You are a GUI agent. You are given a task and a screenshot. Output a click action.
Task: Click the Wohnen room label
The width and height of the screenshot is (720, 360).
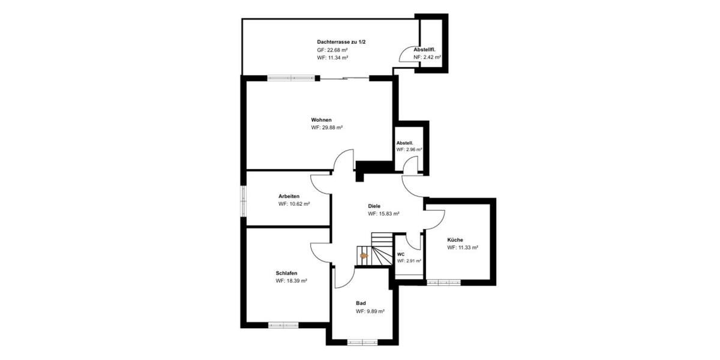(x=321, y=120)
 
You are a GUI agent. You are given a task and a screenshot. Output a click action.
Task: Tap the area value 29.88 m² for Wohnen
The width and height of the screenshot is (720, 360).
(x=326, y=128)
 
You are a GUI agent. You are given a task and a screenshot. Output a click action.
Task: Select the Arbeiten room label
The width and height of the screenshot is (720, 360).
(x=289, y=196)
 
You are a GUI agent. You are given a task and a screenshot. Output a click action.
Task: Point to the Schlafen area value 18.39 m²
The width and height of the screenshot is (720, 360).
(x=292, y=281)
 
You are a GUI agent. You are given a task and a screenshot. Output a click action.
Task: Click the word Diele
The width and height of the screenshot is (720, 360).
(x=374, y=206)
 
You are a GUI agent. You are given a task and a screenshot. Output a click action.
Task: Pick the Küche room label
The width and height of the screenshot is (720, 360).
(x=455, y=239)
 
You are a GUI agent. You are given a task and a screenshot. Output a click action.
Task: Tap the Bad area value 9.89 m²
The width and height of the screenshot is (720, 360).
(x=370, y=311)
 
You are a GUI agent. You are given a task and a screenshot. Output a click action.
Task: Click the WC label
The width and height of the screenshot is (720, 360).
(x=401, y=254)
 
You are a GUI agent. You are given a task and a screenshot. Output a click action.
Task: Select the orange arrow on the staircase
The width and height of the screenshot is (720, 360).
(x=364, y=256)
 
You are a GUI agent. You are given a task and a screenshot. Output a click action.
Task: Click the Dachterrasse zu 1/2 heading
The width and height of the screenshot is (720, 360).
(x=341, y=42)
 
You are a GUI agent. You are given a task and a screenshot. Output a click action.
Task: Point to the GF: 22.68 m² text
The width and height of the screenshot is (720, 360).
(x=333, y=50)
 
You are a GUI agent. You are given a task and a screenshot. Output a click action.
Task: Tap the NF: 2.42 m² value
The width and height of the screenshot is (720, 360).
(x=427, y=57)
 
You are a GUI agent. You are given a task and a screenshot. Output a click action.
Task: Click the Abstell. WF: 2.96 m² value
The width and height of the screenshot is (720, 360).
(x=409, y=149)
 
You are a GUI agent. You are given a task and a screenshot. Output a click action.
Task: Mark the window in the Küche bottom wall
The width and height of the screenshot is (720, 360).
(x=443, y=282)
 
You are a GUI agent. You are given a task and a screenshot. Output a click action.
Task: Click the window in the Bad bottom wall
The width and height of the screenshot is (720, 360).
(x=362, y=343)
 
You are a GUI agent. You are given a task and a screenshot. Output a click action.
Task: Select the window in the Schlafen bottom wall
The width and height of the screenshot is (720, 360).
(x=283, y=325)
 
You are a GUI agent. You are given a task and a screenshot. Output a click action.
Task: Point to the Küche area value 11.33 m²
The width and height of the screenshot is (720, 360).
(x=463, y=247)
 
